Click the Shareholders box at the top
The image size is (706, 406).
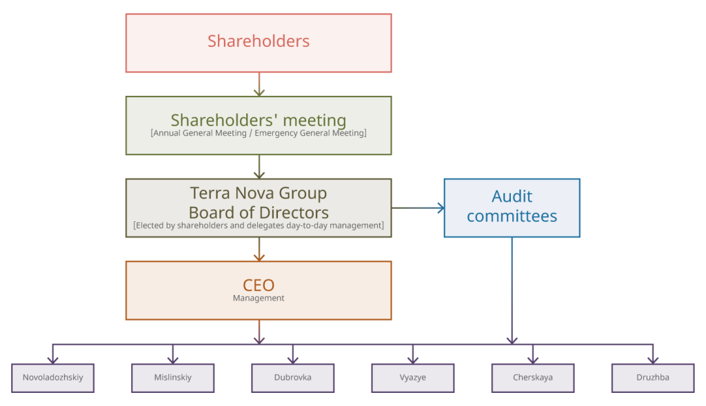tap(259, 43)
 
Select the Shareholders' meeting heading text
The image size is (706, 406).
tap(259, 120)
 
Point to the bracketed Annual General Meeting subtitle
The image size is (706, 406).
tap(259, 133)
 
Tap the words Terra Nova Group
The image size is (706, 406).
tap(259, 194)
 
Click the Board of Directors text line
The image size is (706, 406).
tap(259, 212)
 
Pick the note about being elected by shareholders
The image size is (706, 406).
tap(259, 225)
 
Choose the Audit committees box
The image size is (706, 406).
tap(512, 207)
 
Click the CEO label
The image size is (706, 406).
tap(259, 285)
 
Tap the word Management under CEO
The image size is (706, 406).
tap(259, 298)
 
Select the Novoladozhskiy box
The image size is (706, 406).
tap(53, 378)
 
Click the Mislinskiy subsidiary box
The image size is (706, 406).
tap(173, 378)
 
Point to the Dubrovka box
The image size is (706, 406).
tap(293, 378)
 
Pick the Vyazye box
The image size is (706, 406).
tap(413, 378)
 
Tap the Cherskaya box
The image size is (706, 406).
tap(533, 378)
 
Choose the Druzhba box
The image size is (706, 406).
tap(653, 378)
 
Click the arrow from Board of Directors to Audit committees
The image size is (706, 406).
tap(418, 207)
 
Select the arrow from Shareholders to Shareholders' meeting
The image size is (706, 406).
tap(259, 84)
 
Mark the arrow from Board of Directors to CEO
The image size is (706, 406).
tap(259, 249)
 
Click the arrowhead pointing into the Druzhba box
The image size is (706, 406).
tap(653, 359)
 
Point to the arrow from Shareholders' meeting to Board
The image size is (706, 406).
tap(259, 167)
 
